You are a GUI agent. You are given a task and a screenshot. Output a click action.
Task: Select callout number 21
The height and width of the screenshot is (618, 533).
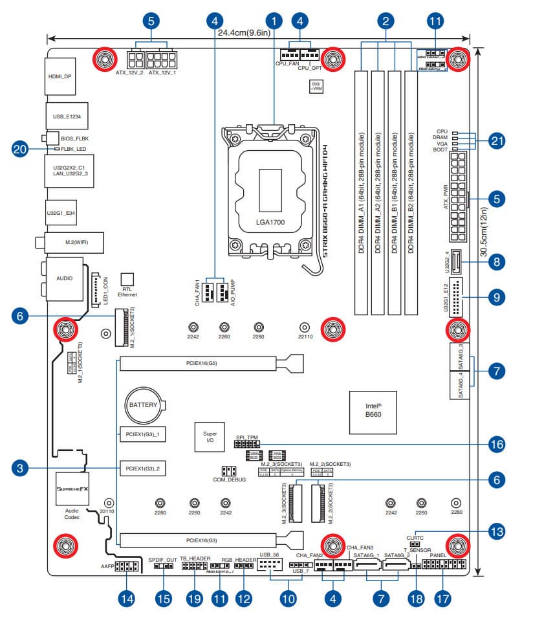tap(497, 140)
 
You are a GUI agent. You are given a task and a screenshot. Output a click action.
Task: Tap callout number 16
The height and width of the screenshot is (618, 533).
tap(497, 445)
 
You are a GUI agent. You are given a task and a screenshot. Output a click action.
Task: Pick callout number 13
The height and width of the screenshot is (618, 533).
tap(497, 532)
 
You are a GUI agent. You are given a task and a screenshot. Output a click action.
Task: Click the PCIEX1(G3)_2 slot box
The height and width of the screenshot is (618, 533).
tap(142, 467)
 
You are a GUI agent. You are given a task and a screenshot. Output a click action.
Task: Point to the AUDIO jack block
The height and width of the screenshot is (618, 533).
tap(63, 278)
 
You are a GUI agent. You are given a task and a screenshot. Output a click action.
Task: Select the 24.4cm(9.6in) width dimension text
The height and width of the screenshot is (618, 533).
tap(243, 32)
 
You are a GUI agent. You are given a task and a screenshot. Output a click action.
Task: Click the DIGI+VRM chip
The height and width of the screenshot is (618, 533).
tap(316, 86)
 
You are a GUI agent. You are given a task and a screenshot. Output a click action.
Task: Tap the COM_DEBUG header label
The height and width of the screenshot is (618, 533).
tap(229, 480)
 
